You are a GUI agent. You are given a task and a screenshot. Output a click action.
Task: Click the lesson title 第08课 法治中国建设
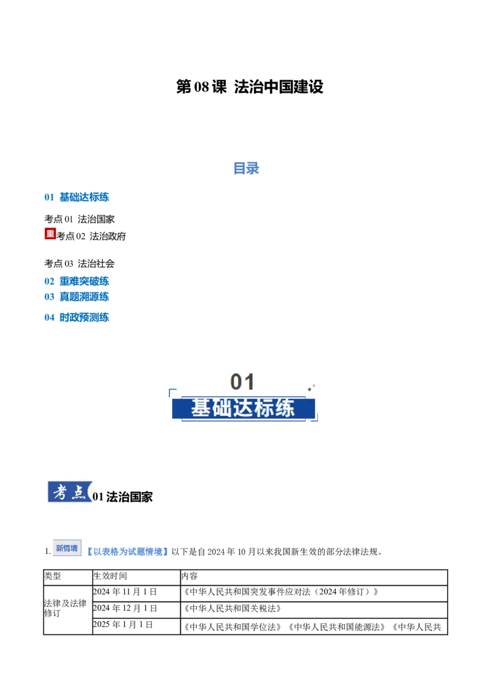tap(250, 87)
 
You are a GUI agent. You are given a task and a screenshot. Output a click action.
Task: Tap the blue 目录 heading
tap(246, 168)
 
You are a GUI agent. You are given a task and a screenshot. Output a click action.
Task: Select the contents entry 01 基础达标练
tap(76, 197)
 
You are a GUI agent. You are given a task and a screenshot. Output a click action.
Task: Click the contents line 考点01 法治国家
tap(79, 219)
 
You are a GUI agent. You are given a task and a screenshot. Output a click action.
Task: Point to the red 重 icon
tap(50, 234)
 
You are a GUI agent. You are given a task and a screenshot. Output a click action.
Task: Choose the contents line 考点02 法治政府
tap(91, 236)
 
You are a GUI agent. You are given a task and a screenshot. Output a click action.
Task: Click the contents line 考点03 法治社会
tap(79, 264)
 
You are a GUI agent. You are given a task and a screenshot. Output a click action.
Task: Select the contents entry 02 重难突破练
tap(76, 282)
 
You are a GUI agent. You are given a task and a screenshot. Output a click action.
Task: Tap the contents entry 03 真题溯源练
tap(76, 297)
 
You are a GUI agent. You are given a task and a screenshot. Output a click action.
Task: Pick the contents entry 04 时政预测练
tap(76, 317)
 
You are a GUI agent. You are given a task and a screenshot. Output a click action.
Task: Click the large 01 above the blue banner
tap(242, 382)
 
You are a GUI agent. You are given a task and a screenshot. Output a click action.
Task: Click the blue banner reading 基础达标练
tap(244, 408)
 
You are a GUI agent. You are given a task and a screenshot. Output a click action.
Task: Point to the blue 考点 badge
tap(69, 492)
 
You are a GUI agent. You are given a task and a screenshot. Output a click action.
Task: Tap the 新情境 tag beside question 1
tap(67, 548)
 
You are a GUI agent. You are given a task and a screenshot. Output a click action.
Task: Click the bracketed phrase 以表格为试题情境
tap(127, 552)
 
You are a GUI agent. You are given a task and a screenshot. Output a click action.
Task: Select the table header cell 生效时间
tap(110, 576)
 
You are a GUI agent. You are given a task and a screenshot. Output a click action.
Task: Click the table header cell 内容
tap(189, 576)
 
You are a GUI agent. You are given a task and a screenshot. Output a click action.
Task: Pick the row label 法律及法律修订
tap(65, 608)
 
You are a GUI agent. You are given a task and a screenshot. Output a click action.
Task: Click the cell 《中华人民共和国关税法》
tap(232, 609)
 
